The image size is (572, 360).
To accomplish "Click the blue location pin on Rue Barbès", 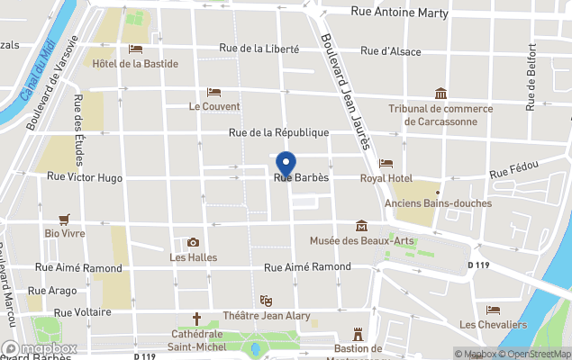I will tap(286, 164).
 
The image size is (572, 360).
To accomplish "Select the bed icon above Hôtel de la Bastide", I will tap(135, 49).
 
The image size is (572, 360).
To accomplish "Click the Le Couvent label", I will tap(214, 106).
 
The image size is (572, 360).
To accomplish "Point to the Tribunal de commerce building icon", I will tap(440, 94).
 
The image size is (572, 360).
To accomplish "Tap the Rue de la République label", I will tap(278, 132).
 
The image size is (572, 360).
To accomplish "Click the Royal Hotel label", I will tap(386, 178).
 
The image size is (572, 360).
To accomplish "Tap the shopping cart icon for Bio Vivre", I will tap(64, 219).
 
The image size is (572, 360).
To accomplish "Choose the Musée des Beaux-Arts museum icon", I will tap(361, 225).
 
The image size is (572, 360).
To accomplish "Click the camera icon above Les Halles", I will tap(193, 242).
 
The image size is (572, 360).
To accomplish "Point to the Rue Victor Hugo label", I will tap(85, 178).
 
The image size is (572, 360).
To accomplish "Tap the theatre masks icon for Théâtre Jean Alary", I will tap(266, 300).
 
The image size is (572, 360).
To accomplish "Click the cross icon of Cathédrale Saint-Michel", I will tap(197, 318).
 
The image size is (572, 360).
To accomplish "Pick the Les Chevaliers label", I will tap(493, 324).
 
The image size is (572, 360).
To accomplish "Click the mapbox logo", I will tap(39, 348).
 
